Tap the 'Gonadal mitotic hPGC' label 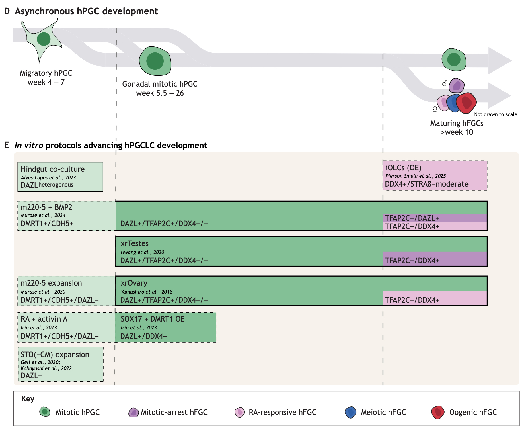[x=160, y=84]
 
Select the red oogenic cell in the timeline [x=466, y=103]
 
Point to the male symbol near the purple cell [x=445, y=83]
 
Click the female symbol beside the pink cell [x=435, y=110]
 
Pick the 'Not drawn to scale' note [x=495, y=114]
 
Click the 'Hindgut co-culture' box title [x=52, y=169]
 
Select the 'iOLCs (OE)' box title [x=403, y=168]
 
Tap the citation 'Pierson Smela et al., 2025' [x=415, y=176]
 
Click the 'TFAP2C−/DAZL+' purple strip [x=435, y=218]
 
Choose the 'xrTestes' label [x=135, y=243]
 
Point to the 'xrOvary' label [x=134, y=283]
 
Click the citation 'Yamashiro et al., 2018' [x=147, y=292]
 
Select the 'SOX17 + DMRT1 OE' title [x=153, y=319]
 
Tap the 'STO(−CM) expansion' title [x=55, y=355]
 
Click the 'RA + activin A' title [x=44, y=319]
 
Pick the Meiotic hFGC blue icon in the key [x=350, y=412]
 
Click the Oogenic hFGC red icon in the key [x=438, y=412]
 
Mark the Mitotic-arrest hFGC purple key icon [x=133, y=412]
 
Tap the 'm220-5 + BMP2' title [x=46, y=207]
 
